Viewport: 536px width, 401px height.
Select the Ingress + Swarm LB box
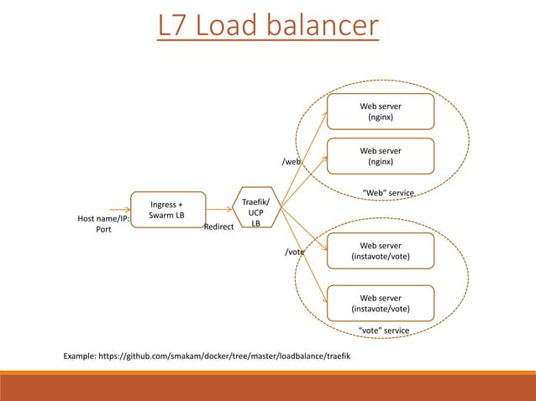[166, 210]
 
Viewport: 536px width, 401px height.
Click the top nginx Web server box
[381, 112]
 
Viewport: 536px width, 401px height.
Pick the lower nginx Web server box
[381, 156]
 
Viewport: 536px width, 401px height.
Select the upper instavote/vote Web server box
[381, 251]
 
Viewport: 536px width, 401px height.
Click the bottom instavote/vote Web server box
[381, 303]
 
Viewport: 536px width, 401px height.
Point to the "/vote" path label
[294, 252]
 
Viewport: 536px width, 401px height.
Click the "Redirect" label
[218, 227]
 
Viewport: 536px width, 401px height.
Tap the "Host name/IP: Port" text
[102, 225]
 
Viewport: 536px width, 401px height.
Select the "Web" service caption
[388, 194]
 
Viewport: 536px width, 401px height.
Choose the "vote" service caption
[383, 331]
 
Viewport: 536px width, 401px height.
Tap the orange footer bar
[268, 387]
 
